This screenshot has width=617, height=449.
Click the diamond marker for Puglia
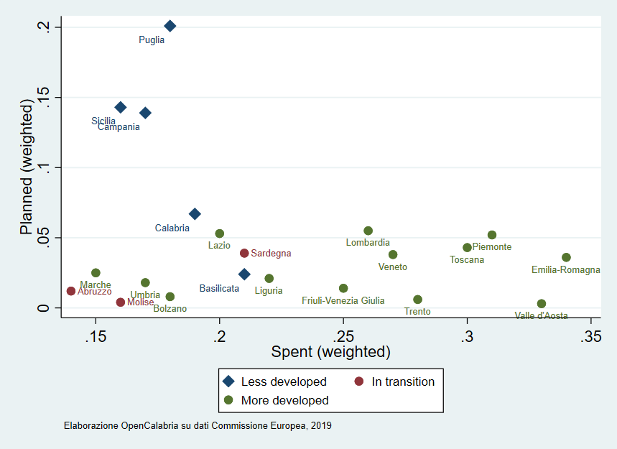click(170, 26)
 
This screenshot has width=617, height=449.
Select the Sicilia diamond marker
click(121, 107)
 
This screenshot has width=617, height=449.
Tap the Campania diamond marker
click(145, 113)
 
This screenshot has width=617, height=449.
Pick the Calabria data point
click(195, 214)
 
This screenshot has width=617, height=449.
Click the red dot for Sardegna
click(244, 253)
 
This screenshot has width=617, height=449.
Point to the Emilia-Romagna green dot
click(566, 257)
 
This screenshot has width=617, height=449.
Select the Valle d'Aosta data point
click(542, 304)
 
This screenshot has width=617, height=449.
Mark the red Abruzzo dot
click(71, 291)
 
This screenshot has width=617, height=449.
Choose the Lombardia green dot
click(368, 231)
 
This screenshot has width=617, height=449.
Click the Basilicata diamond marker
click(244, 274)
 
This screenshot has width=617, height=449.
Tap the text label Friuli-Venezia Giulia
click(343, 301)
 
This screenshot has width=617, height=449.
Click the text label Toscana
click(467, 259)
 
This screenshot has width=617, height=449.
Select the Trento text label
click(417, 312)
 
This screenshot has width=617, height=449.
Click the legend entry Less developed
click(283, 381)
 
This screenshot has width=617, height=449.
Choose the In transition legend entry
click(402, 381)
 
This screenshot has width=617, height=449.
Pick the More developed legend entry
click(284, 400)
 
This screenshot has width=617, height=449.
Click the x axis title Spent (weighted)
click(330, 353)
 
